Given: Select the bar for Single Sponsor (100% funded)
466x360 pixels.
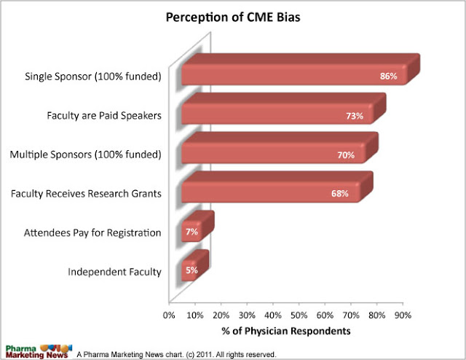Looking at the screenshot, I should coord(291,74).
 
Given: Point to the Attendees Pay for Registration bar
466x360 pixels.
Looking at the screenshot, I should coord(191,232).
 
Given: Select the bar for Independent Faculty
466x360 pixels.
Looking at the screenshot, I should coord(189,271).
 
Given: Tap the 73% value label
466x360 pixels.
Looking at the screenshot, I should coord(354,115).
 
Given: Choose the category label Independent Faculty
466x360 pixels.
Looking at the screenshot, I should coord(114,273).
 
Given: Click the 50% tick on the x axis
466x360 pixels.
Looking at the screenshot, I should coord(299,316).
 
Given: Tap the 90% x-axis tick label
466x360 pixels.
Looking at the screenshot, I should coord(403,316).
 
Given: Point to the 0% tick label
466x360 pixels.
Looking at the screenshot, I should coord(169,316).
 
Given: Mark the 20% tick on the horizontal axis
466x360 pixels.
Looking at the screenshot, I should coord(221,316).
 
